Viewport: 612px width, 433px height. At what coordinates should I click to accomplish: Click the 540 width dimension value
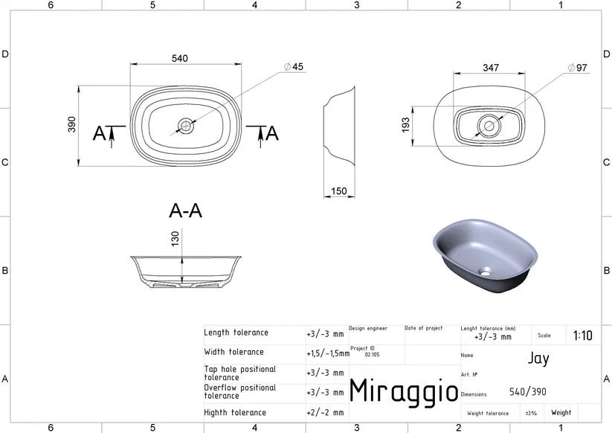click(x=179, y=59)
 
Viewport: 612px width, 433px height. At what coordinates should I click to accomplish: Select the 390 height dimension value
click(x=72, y=124)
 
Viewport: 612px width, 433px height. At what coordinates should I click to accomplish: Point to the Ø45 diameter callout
click(x=294, y=67)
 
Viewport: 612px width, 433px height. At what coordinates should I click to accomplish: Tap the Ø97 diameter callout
click(x=578, y=68)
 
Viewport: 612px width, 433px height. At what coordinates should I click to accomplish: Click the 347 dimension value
click(x=491, y=68)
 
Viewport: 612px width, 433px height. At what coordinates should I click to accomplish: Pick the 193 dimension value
click(x=406, y=125)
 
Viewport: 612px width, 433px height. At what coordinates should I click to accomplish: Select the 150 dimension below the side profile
click(x=339, y=191)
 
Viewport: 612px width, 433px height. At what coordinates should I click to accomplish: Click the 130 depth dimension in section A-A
click(x=175, y=239)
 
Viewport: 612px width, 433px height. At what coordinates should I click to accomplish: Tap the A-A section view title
click(x=185, y=211)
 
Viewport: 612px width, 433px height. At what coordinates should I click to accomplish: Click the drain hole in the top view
click(x=186, y=126)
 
